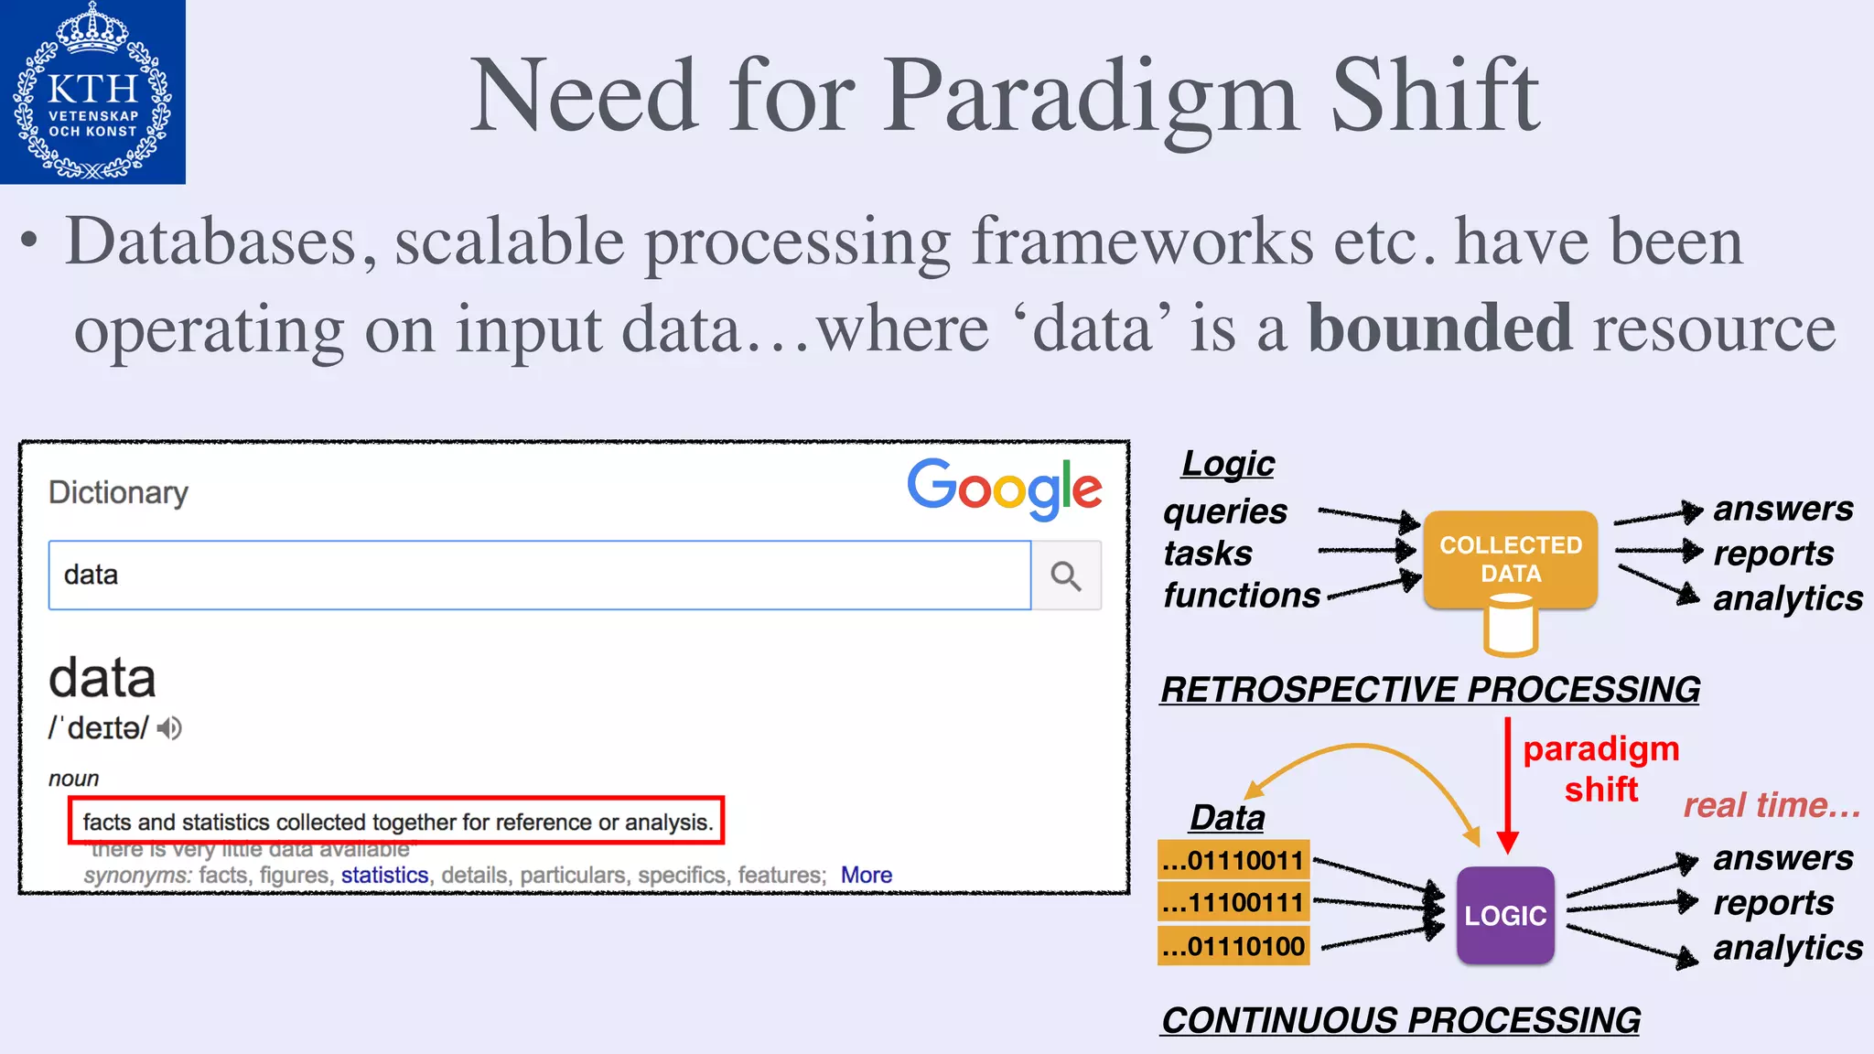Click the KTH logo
[92, 91]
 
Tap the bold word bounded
[1439, 328]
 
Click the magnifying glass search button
[1066, 575]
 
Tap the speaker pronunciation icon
[169, 728]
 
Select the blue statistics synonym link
[384, 875]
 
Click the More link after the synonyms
[866, 875]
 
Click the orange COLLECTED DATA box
[1511, 559]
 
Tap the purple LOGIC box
[1505, 915]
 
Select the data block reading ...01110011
[1233, 861]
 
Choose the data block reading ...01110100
[1233, 946]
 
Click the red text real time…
[1772, 805]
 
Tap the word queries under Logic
[1225, 511]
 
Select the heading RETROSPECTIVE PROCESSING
[1430, 689]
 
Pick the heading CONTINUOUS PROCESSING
[1400, 1020]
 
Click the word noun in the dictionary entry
[73, 779]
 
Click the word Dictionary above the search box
[118, 492]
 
